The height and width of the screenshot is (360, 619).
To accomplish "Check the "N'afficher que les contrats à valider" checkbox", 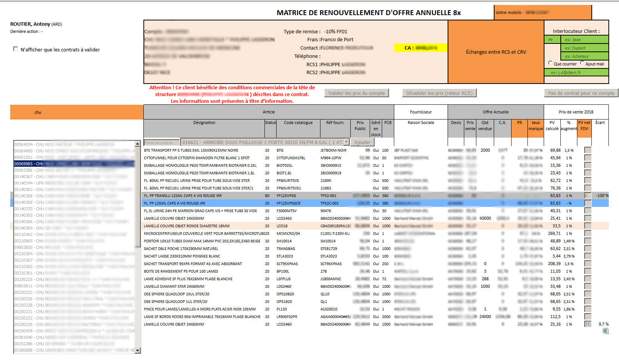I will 16,49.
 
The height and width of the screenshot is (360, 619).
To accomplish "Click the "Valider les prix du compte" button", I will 356,93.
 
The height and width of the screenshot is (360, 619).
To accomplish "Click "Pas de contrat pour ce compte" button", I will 581,93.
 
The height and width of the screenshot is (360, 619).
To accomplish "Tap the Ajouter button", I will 362,142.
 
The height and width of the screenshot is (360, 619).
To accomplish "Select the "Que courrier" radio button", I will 550,63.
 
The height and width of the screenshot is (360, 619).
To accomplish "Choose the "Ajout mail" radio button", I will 582,63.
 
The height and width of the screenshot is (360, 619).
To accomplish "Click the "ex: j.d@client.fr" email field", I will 576,73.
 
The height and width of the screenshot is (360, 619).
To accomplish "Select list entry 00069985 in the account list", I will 74,164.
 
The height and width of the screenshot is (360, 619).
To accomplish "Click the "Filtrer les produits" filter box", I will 162,143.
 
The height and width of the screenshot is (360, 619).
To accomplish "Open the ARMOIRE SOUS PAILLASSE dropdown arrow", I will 346,142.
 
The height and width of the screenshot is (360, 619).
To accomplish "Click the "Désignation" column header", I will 204,123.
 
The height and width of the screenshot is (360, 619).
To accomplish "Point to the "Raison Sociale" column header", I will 421,123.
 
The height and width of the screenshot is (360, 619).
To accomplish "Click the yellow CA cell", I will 420,48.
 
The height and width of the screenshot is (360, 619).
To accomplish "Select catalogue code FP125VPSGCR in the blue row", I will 288,203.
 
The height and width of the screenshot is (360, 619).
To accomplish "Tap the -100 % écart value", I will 602,196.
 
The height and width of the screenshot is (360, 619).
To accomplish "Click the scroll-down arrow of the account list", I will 138,351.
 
